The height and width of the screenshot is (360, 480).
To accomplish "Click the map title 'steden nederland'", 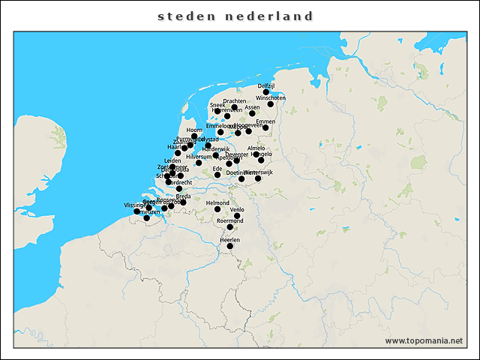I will [235, 16].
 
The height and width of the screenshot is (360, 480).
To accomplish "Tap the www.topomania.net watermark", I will [424, 340].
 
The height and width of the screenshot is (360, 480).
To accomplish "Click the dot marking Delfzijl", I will [266, 92].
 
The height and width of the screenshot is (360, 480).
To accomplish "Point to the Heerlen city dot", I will [230, 246].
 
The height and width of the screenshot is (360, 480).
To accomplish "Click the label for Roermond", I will [229, 220].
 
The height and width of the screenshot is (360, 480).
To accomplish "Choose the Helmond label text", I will [217, 202].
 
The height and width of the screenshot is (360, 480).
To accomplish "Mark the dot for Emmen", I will [265, 127].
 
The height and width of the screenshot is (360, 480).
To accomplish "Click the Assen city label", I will [252, 107].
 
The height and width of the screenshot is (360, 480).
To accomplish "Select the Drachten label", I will [234, 101].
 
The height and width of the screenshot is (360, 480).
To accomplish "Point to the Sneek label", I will [217, 105].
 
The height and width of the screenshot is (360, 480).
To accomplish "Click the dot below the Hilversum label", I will [199, 163].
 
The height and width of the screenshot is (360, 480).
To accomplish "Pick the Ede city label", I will [217, 169].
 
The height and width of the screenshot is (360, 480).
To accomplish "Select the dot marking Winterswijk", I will [258, 178].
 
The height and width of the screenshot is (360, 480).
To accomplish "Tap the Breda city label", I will [183, 196].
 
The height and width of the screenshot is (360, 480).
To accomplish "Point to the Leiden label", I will [172, 160].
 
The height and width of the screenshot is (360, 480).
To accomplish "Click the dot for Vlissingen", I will [136, 211].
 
